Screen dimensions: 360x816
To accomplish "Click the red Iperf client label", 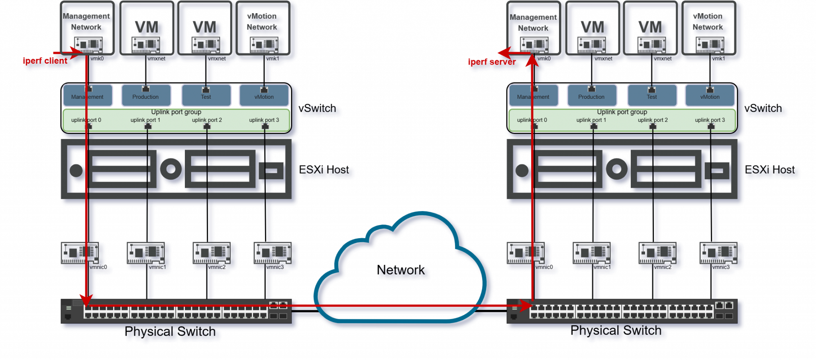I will (45, 61).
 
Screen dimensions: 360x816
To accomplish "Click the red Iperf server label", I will (492, 62).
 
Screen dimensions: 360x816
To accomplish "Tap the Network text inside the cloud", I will (402, 271).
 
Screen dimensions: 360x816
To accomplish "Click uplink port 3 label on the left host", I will (264, 120).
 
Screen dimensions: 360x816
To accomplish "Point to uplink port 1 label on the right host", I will (591, 120).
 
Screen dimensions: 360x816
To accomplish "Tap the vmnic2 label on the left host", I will (217, 267).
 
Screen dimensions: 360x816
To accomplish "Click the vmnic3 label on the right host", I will (721, 267).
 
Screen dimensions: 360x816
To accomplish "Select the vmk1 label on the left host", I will (273, 59).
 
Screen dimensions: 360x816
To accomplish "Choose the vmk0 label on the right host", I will (544, 59).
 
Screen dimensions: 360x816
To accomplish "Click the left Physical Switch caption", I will (170, 331).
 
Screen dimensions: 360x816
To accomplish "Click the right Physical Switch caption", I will (616, 331).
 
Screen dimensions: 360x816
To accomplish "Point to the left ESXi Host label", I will (325, 170).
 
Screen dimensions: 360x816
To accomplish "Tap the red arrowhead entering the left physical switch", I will (86, 299).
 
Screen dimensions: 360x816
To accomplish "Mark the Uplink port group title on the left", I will (176, 112).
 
